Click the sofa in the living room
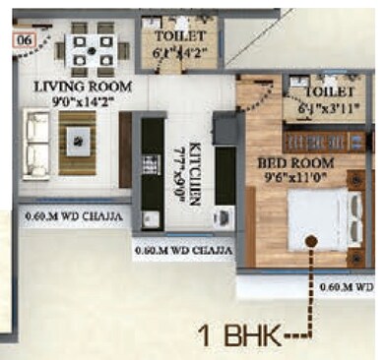37,143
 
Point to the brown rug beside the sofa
76,143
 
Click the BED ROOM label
295,162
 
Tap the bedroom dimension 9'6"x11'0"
297,177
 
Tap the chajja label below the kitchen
181,251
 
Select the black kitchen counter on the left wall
148,167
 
